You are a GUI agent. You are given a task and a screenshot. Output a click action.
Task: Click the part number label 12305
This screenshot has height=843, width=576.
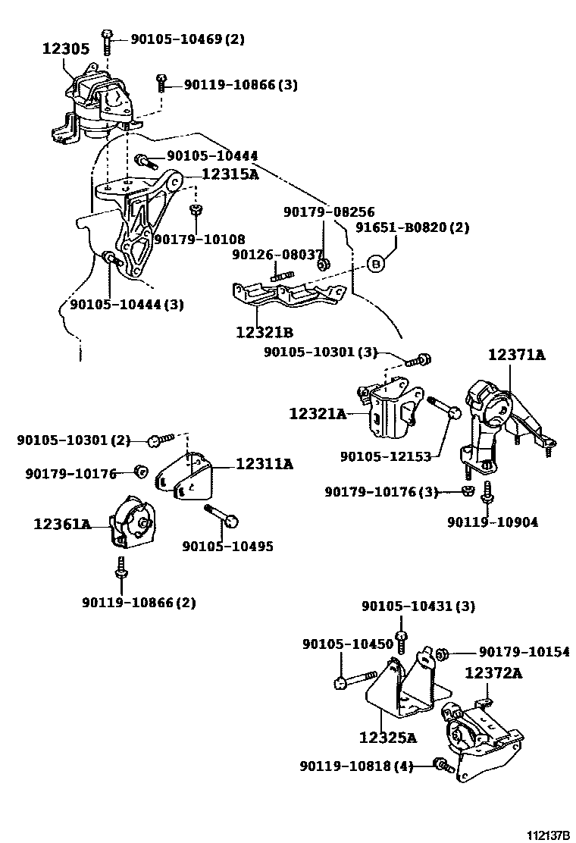click(65, 49)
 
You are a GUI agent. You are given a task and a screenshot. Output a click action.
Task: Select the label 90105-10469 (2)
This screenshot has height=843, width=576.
click(187, 39)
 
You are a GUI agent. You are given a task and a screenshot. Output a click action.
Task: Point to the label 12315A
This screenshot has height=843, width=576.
click(229, 174)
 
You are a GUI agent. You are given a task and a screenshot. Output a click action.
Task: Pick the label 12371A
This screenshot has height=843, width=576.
click(516, 354)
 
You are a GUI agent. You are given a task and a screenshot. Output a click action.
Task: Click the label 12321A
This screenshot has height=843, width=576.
click(317, 413)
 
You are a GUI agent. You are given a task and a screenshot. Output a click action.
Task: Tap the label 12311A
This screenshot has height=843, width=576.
click(264, 464)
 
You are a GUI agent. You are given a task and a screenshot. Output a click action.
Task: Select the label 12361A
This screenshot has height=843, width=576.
click(61, 523)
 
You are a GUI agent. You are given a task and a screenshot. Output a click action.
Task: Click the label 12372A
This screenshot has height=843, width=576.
click(493, 672)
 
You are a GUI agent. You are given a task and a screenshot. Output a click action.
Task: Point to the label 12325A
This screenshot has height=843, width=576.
click(388, 736)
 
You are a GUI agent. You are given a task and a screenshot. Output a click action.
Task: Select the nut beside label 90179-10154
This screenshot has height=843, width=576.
click(444, 652)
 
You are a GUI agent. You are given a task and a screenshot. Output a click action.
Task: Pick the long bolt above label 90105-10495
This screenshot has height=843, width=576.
click(222, 516)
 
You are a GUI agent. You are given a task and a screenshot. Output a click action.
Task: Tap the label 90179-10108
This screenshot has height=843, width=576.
click(199, 240)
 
